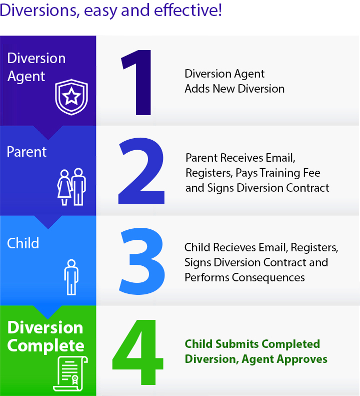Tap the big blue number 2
tap(141, 171)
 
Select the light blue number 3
tap(142, 261)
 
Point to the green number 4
tap(137, 352)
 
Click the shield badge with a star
tap(71, 97)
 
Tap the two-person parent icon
tap(71, 187)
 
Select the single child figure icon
tap(71, 277)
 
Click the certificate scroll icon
tap(70, 373)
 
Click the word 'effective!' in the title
tap(188, 10)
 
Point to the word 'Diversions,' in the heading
tap(40, 11)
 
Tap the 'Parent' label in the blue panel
tap(26, 152)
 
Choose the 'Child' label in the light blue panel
tap(23, 243)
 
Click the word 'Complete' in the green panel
tap(45, 346)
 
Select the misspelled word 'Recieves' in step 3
tap(234, 247)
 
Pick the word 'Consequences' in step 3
tap(268, 277)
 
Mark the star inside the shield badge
tap(71, 96)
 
